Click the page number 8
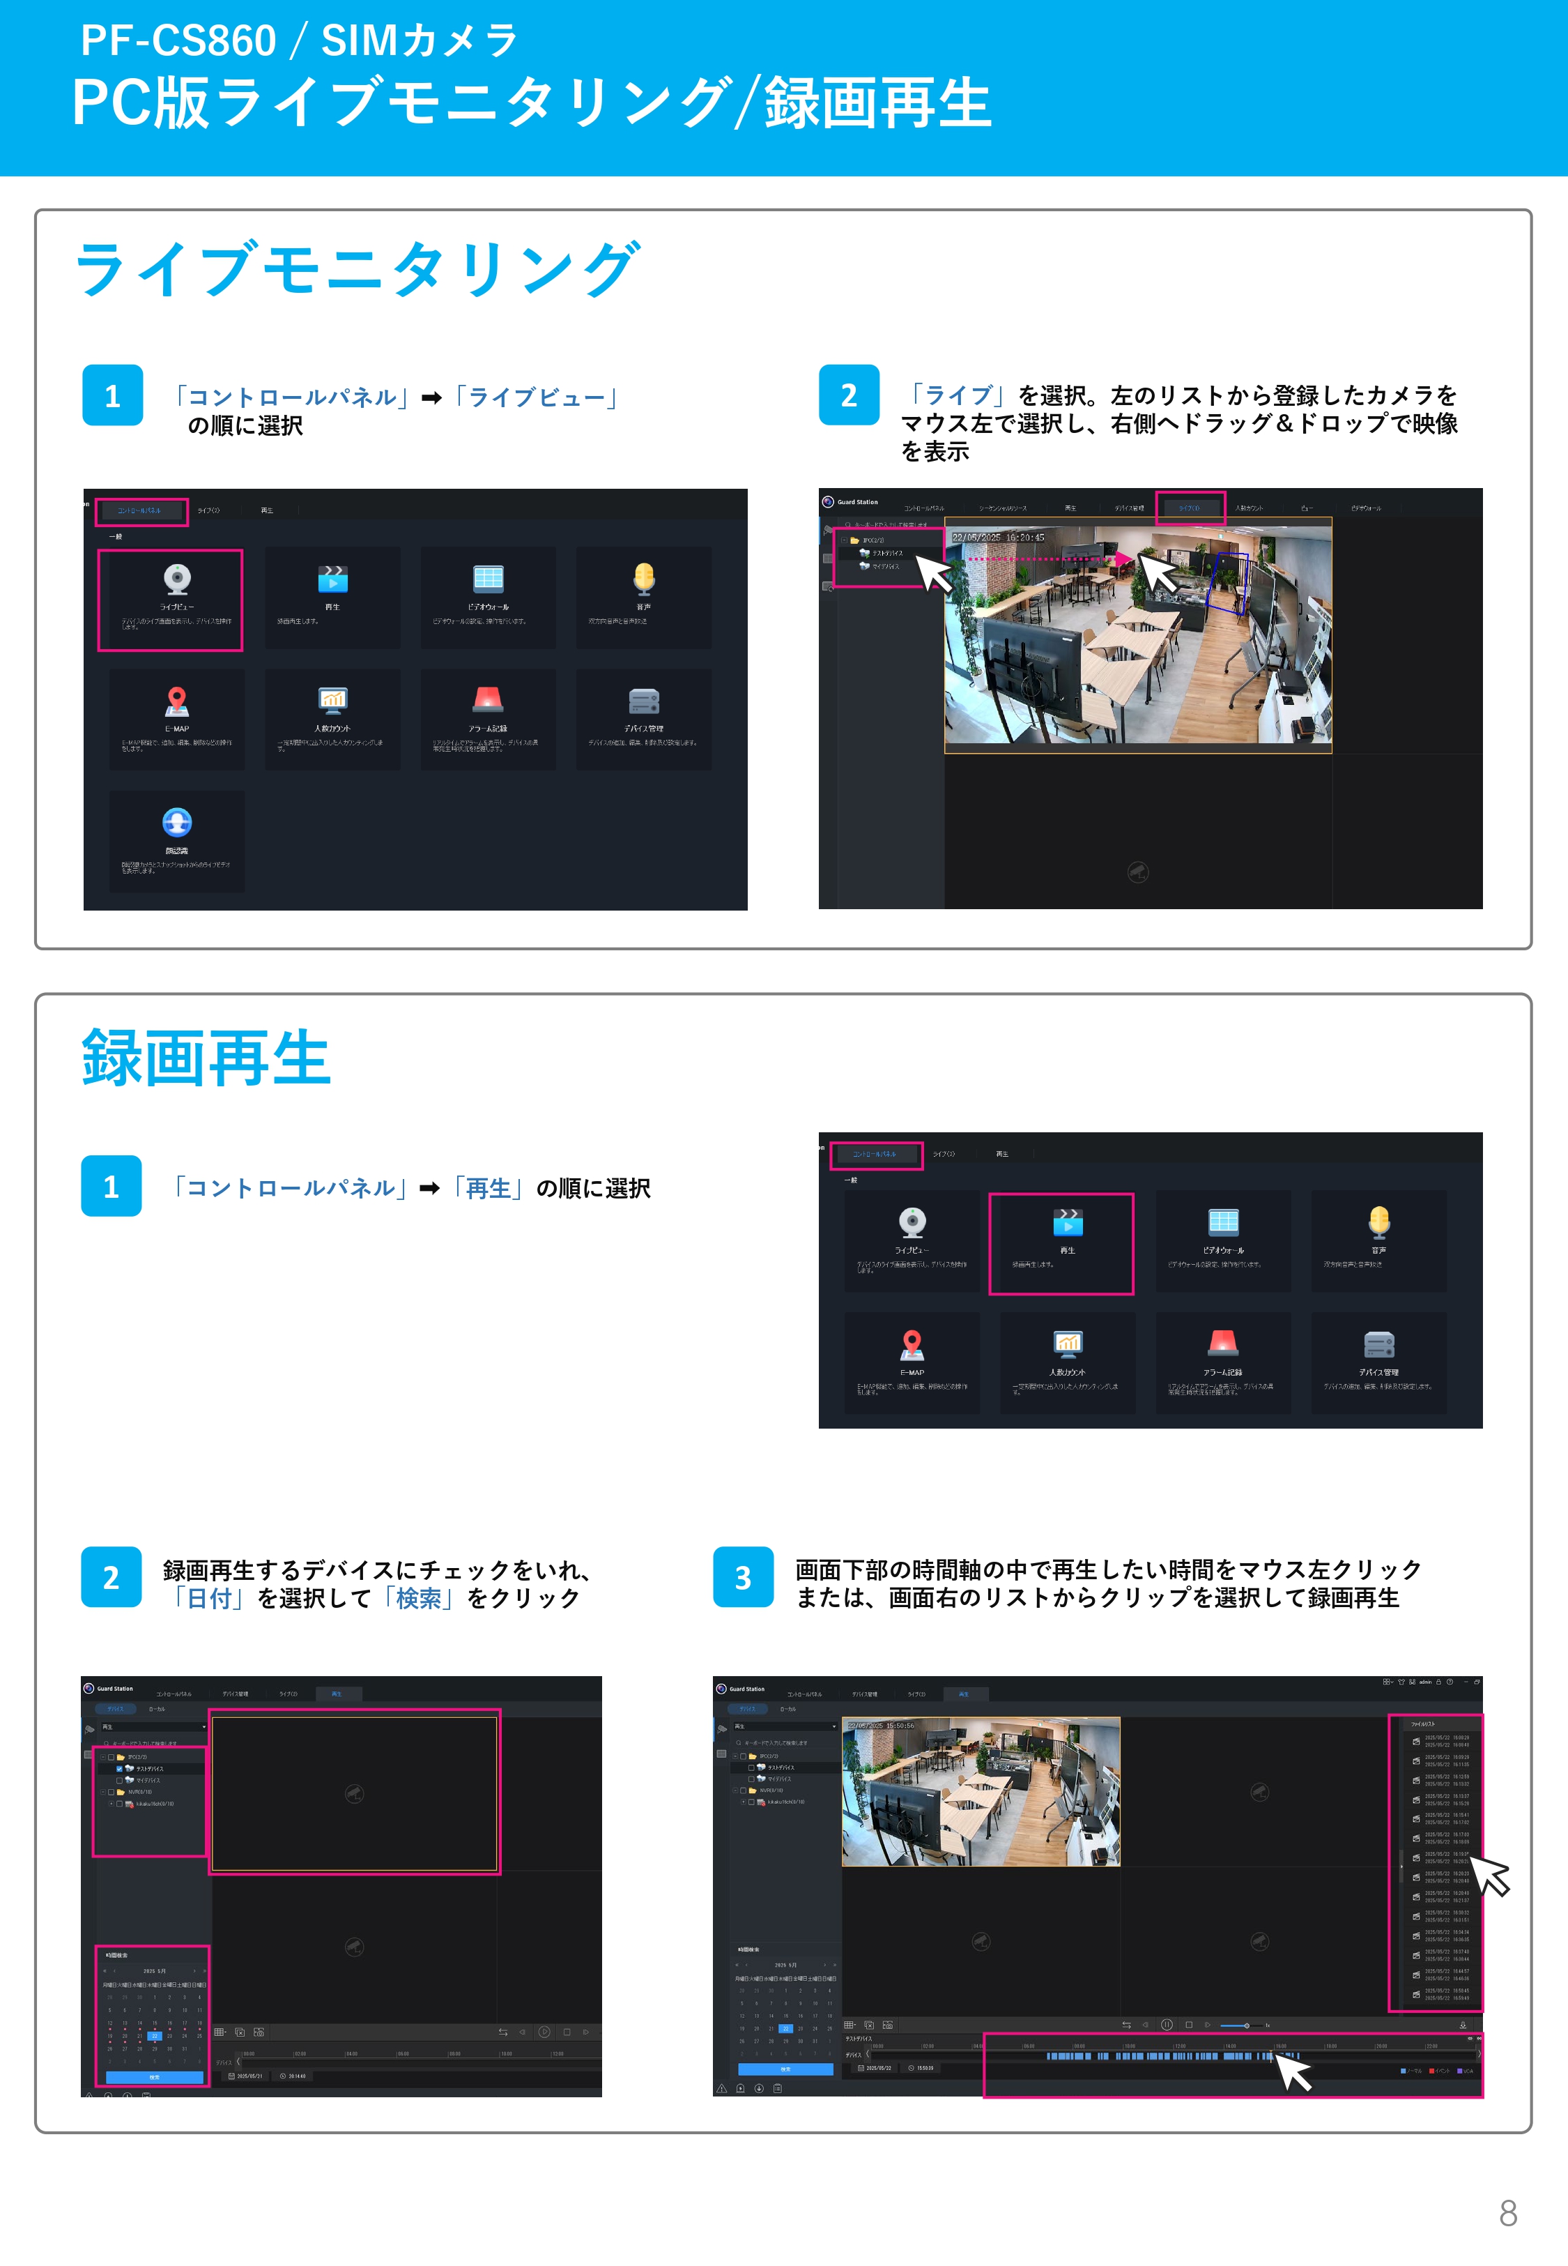[1507, 2213]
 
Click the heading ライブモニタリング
[358, 269]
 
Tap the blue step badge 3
[743, 1577]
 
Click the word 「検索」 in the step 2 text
[419, 1599]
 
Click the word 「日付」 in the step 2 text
[209, 1599]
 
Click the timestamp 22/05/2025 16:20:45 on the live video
[997, 538]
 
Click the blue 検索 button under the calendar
[154, 2077]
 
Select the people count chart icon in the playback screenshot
[1067, 1344]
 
